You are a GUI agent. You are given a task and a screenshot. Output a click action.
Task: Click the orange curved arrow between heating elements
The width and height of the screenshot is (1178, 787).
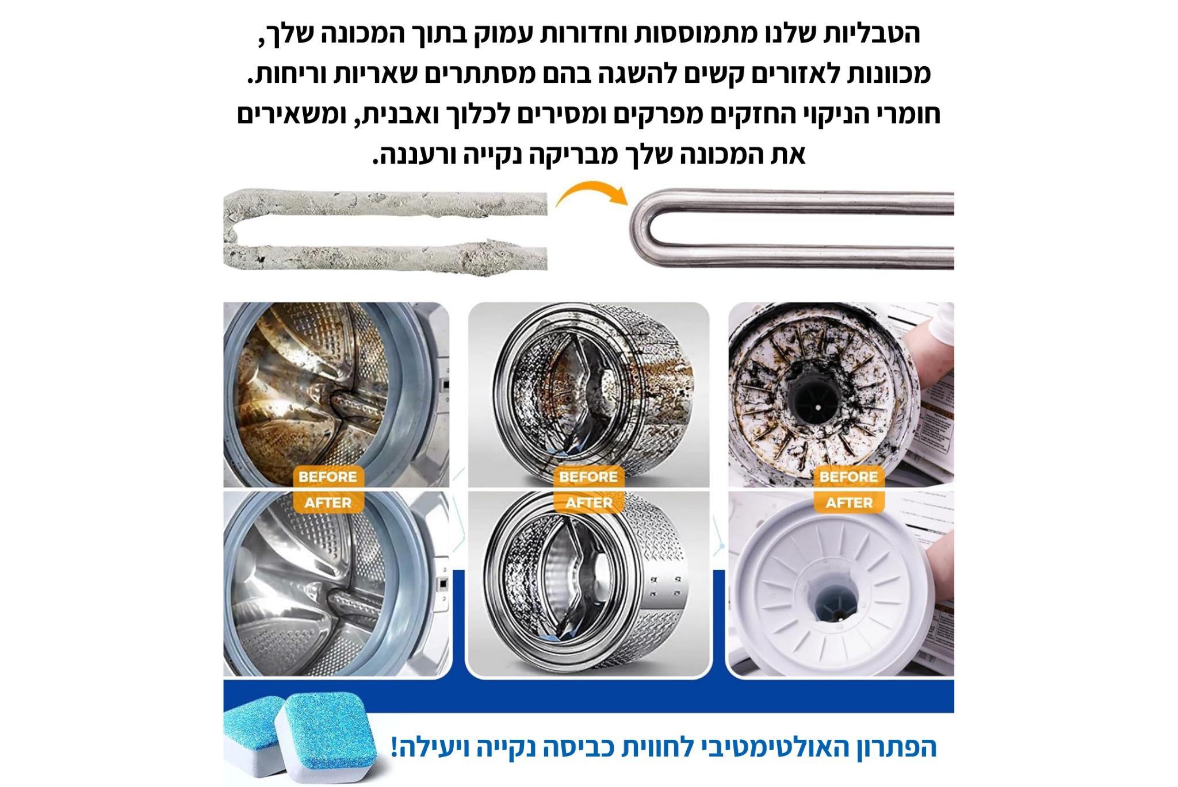592,189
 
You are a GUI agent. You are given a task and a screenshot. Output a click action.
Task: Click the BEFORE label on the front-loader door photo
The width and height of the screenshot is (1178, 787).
328,477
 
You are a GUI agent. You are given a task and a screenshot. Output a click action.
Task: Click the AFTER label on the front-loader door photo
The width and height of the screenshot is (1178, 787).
328,502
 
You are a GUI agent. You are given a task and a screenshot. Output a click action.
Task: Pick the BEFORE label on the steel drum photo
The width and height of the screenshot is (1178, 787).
588,477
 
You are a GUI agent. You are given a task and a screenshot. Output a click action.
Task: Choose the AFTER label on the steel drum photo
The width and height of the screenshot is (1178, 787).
588,502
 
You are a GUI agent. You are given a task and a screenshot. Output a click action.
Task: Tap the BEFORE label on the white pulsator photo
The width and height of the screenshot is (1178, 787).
849,477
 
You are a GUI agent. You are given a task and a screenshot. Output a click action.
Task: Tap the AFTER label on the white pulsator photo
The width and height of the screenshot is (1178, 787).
849,502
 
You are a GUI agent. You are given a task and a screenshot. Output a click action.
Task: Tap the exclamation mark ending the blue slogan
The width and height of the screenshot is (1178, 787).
395,747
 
